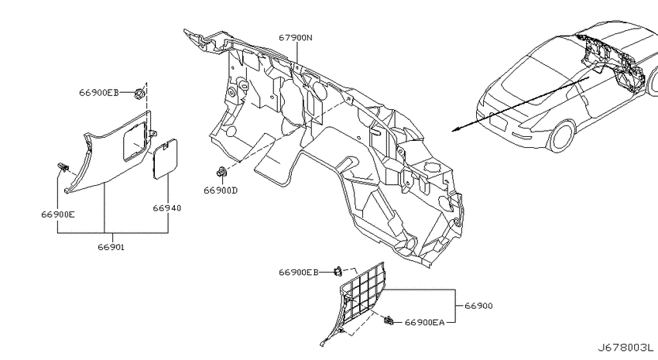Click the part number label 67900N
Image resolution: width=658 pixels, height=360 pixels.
pyautogui.click(x=296, y=38)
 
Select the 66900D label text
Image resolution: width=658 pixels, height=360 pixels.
pyautogui.click(x=221, y=190)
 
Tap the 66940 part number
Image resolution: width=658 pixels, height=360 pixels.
pyautogui.click(x=167, y=208)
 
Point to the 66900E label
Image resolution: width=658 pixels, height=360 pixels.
pyautogui.click(x=58, y=214)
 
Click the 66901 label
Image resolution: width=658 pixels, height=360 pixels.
pyautogui.click(x=111, y=247)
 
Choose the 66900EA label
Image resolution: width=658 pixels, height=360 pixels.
pyautogui.click(x=424, y=322)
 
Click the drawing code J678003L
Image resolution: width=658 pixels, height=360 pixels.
pyautogui.click(x=625, y=348)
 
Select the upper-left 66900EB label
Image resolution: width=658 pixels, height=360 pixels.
pyautogui.click(x=99, y=93)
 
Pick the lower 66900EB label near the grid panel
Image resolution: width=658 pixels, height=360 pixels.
pyautogui.click(x=298, y=273)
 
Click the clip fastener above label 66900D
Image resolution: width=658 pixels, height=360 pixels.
pyautogui.click(x=221, y=171)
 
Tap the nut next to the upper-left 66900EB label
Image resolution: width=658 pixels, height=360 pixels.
pyautogui.click(x=139, y=93)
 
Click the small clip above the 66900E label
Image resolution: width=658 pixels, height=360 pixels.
pyautogui.click(x=63, y=167)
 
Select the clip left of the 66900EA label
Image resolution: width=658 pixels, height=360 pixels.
pyautogui.click(x=389, y=321)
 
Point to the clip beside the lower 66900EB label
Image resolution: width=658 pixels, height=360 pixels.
pyautogui.click(x=338, y=272)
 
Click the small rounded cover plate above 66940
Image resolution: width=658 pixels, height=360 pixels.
pyautogui.click(x=164, y=159)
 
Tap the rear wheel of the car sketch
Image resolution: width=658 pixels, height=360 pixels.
pyautogui.click(x=561, y=136)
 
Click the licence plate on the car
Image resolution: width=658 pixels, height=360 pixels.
pyautogui.click(x=499, y=123)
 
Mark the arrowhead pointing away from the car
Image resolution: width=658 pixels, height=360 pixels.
pyautogui.click(x=454, y=130)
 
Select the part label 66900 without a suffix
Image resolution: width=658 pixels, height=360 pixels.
pyautogui.click(x=479, y=306)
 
